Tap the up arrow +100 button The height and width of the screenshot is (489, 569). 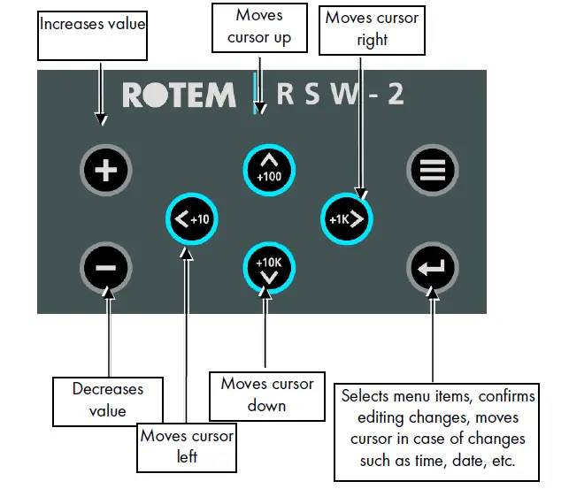click(x=268, y=167)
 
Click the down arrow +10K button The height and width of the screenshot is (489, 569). click(x=268, y=268)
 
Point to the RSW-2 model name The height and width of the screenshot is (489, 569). click(x=341, y=95)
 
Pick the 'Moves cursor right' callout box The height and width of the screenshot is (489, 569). click(x=372, y=29)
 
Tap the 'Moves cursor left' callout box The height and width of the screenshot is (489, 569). click(x=187, y=446)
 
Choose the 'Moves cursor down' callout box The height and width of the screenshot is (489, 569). click(x=266, y=394)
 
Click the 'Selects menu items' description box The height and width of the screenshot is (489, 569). click(x=433, y=429)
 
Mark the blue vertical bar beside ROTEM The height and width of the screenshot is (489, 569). click(x=256, y=94)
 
